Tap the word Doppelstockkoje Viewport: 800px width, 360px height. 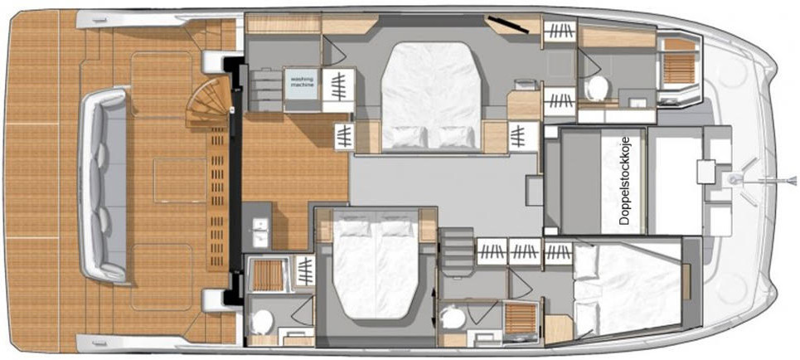point(626,181)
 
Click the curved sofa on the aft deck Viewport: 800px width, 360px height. point(104,185)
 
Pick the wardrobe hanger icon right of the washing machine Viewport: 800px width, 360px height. point(338,90)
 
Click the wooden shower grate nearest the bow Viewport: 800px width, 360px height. point(679,68)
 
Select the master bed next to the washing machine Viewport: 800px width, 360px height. point(431,97)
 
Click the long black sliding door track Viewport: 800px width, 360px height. point(235,178)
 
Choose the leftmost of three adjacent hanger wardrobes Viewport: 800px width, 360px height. point(492,251)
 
